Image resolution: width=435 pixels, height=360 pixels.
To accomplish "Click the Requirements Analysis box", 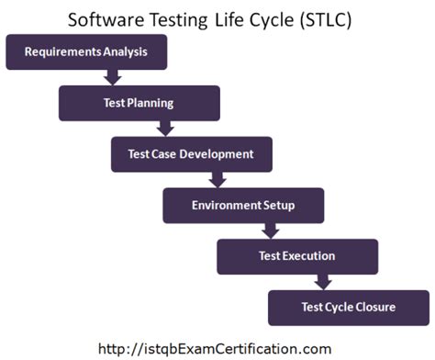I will [86, 52].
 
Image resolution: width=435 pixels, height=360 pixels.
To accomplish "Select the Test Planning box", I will [139, 104].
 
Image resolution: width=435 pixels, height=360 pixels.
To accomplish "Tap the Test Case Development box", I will [191, 154].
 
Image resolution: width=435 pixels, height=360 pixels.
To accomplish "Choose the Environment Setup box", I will [243, 206].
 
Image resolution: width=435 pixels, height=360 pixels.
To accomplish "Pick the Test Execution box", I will [296, 256].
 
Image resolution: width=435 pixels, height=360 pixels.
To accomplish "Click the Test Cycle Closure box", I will [349, 307].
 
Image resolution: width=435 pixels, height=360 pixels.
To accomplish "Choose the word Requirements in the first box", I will [62, 52].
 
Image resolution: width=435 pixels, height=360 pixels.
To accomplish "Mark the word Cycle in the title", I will [266, 18].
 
